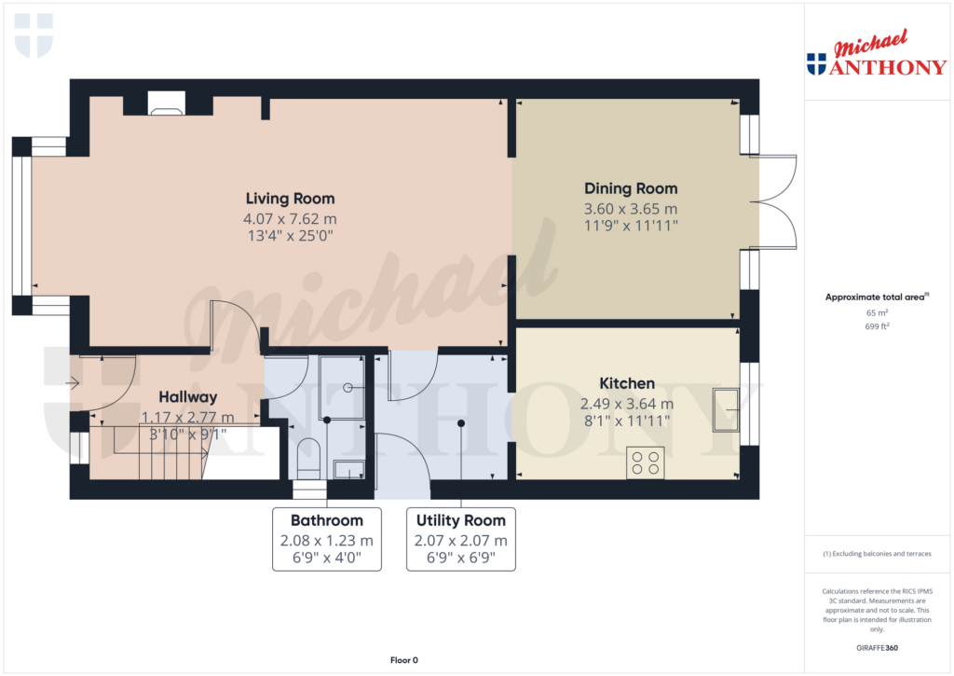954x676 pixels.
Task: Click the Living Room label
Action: pos(290,199)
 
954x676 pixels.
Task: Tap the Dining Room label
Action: pos(631,188)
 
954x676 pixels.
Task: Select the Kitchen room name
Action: pos(626,383)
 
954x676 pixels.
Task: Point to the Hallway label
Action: pos(187,397)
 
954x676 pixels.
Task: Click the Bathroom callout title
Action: pos(326,520)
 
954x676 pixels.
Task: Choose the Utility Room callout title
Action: pos(461,520)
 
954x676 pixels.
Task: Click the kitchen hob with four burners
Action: pos(645,463)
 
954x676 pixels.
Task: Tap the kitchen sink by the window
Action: pos(726,410)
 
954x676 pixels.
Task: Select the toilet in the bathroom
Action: pos(307,458)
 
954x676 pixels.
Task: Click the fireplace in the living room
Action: pos(167,104)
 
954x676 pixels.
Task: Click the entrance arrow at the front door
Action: pos(74,381)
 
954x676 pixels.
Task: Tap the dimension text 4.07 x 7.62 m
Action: pos(290,219)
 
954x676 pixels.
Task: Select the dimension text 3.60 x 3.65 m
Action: pos(631,209)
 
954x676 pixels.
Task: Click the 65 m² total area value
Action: pos(877,313)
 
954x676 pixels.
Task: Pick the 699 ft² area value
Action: pos(877,327)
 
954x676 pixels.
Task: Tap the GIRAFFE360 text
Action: pos(877,648)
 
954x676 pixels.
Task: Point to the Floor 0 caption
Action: pos(403,660)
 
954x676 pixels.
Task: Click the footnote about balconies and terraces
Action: pos(877,554)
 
